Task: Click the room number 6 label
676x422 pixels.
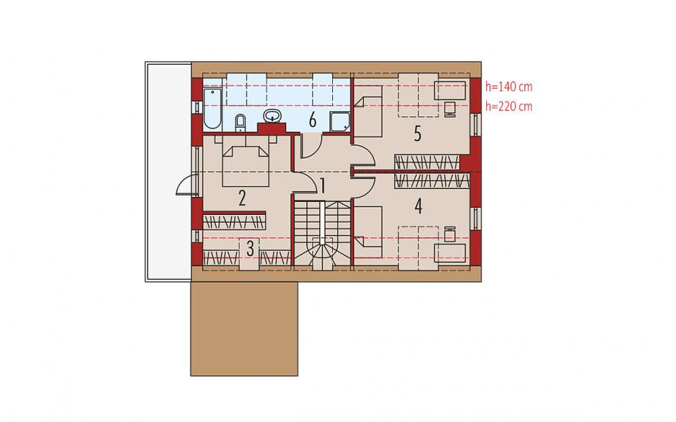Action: pos(313,119)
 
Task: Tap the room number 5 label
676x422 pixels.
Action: pos(417,134)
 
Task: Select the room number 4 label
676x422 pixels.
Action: pos(418,206)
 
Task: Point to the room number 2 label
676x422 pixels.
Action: pos(242,198)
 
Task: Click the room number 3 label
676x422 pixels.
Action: pos(250,248)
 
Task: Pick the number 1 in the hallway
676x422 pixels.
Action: pos(322,186)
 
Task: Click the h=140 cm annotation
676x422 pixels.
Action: pos(508,87)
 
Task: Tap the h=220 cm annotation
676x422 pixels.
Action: pos(508,106)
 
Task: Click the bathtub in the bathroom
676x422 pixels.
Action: pos(212,109)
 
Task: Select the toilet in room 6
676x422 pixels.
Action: pos(241,122)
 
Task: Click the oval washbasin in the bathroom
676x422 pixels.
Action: pos(273,116)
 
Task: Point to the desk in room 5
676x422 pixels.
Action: pos(449,90)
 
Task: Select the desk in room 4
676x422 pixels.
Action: pos(449,252)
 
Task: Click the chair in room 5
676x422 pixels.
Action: pos(449,109)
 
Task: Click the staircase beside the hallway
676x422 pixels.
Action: pos(322,235)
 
